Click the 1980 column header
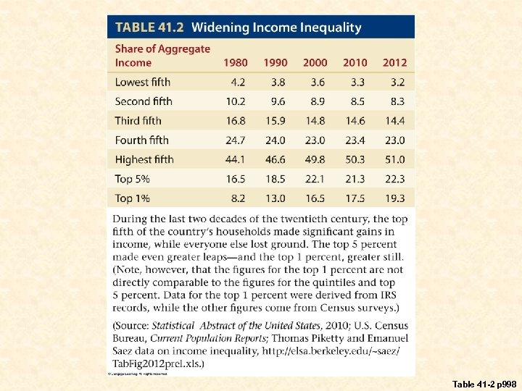(x=236, y=62)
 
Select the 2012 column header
(x=394, y=62)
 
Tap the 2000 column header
(x=315, y=62)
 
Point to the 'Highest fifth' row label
(x=144, y=159)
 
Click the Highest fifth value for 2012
(x=395, y=159)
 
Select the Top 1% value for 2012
(x=395, y=198)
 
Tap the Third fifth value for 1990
(x=275, y=120)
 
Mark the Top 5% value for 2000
(x=315, y=179)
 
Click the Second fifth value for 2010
(x=355, y=101)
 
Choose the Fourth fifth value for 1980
(x=236, y=140)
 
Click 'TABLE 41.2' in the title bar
(x=149, y=28)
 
